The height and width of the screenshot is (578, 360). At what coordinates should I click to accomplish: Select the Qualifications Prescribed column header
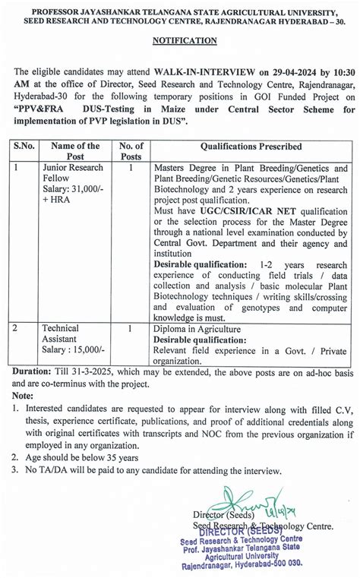click(251, 146)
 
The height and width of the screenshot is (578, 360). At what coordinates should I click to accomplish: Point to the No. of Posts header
click(131, 151)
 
